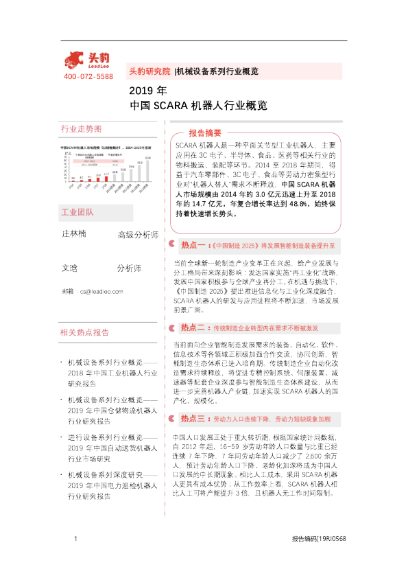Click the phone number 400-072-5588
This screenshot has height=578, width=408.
[x=88, y=76]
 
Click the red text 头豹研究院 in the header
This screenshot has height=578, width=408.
[x=149, y=71]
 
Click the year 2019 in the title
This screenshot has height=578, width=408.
[x=139, y=90]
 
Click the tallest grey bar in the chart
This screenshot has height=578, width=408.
[x=147, y=173]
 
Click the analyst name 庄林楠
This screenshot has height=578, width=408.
[x=75, y=235]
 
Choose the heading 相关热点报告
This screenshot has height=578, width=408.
[x=85, y=332]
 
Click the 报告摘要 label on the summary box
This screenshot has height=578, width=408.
[x=205, y=132]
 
